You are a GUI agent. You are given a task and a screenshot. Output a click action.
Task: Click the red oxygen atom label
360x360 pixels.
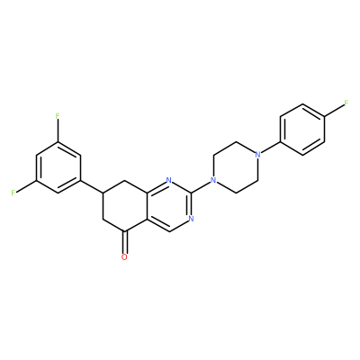(x=124, y=257)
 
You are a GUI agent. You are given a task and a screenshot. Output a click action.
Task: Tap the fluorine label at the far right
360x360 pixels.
(x=346, y=103)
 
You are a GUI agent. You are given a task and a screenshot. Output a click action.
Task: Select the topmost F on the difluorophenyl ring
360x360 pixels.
(x=58, y=116)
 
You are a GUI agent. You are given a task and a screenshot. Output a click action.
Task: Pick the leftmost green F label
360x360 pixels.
(x=13, y=193)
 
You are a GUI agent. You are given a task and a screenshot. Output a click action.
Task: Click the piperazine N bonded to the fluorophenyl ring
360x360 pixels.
(x=257, y=155)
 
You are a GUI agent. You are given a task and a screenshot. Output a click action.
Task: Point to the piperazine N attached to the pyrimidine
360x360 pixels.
(x=213, y=180)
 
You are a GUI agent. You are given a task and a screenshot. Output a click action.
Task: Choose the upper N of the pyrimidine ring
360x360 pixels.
(x=169, y=180)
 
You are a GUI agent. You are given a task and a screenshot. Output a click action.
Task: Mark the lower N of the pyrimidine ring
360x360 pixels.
(x=191, y=219)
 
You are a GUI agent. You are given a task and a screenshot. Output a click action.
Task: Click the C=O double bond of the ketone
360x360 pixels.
(x=124, y=242)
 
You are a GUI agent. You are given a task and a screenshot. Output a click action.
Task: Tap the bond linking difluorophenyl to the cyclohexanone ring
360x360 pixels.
(x=92, y=186)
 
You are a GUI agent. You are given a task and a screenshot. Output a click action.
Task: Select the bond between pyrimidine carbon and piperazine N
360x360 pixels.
(x=201, y=186)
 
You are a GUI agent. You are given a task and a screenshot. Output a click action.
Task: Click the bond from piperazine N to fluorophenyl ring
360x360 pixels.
(x=268, y=148)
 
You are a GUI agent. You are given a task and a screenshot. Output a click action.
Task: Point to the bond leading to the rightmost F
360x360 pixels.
(x=334, y=110)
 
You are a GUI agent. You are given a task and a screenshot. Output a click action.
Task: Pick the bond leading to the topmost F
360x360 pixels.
(x=58, y=130)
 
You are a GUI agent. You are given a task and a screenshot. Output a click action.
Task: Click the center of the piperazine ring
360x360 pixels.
(x=236, y=167)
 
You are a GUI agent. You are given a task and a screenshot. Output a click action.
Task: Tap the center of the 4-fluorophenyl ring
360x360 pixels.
(x=302, y=129)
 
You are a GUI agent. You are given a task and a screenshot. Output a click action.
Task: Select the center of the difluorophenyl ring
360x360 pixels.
(x=58, y=167)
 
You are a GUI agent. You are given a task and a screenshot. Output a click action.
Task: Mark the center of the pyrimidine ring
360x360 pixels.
(x=169, y=206)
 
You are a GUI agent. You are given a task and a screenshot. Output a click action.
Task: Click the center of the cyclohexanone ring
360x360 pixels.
(x=124, y=206)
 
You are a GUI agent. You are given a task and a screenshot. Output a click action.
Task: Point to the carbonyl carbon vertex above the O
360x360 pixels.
(x=124, y=231)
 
